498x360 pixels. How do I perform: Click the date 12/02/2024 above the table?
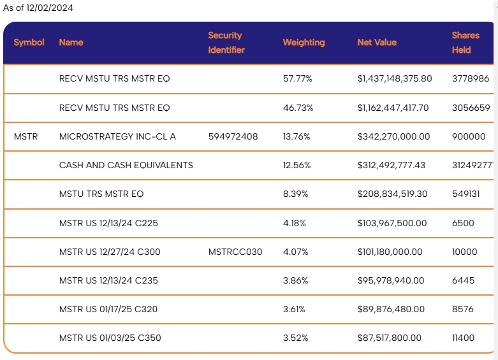[x=50, y=8]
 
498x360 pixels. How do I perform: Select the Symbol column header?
[x=29, y=42]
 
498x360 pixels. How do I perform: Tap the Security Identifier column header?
[x=226, y=43]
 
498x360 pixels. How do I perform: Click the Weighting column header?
[x=304, y=43]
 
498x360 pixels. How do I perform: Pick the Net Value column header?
[x=377, y=42]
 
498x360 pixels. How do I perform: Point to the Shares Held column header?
[x=465, y=43]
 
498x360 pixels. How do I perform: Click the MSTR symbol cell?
[x=26, y=136]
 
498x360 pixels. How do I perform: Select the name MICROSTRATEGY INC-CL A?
[x=117, y=136]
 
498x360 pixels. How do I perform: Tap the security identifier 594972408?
[x=233, y=136]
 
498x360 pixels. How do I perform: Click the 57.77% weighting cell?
[x=298, y=78]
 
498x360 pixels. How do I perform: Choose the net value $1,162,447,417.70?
[x=393, y=108]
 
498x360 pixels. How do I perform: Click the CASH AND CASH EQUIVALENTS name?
[x=126, y=165]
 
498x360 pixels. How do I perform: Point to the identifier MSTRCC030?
[x=235, y=252]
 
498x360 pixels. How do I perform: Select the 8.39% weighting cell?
[x=296, y=194]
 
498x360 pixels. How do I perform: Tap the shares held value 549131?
[x=466, y=194]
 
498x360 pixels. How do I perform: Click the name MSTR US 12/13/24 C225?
[x=108, y=223]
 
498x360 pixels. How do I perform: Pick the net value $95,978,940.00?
[x=391, y=280]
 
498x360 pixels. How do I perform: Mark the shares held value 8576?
[x=463, y=309]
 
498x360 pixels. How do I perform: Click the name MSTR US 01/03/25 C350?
[x=110, y=338]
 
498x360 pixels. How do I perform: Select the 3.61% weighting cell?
[x=294, y=309]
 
